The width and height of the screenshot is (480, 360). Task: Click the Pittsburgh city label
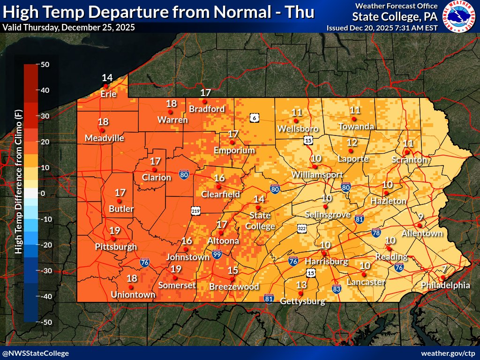[x=116, y=247]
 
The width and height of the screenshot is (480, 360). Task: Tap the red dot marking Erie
[x=106, y=86]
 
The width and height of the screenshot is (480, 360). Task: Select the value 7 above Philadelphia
[x=444, y=269]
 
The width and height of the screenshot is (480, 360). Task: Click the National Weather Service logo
[x=458, y=17]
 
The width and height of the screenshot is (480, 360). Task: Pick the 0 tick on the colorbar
[x=42, y=193]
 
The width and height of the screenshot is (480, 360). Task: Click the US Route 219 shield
[x=195, y=211]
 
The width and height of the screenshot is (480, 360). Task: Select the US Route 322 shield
[x=302, y=228]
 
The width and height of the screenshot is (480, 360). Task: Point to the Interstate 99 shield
[x=217, y=254]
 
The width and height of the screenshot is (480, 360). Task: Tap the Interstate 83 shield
[x=336, y=289]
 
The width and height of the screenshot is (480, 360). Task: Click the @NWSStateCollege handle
[x=36, y=353]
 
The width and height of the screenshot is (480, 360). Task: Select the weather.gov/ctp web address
[x=448, y=353]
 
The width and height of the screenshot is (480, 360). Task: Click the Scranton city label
[x=410, y=160]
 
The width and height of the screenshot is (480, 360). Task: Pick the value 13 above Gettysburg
[x=301, y=285]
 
